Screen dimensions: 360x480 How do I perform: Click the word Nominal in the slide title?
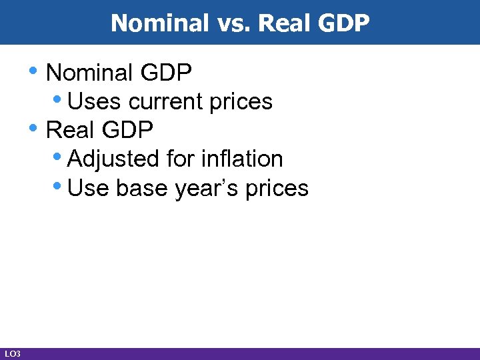click(153, 23)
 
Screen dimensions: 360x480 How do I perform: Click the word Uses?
click(95, 101)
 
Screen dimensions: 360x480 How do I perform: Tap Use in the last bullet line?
click(89, 189)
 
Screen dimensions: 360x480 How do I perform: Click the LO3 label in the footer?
click(12, 353)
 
